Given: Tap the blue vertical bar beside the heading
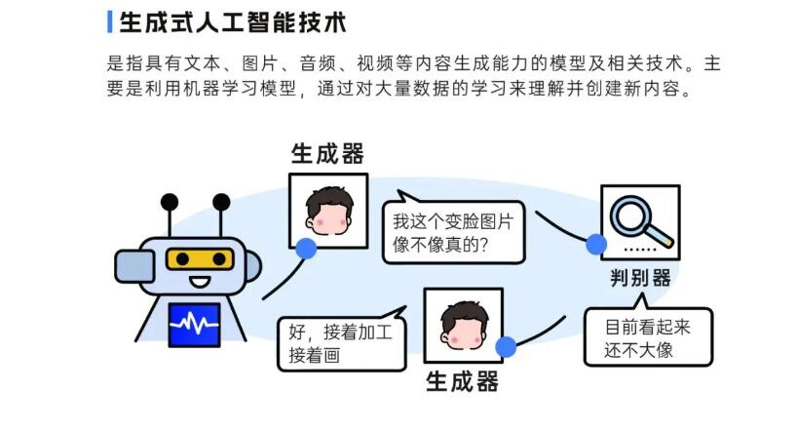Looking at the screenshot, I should (x=109, y=20).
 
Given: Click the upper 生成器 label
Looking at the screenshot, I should (x=327, y=154).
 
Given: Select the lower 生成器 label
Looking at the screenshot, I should (x=463, y=379).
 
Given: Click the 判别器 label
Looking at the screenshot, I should (x=635, y=278).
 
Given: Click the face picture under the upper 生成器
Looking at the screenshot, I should (x=328, y=211).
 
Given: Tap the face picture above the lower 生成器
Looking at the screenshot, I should (x=464, y=325).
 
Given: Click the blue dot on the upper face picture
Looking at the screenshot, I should (x=306, y=248).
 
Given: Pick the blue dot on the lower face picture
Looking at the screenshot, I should (x=505, y=346).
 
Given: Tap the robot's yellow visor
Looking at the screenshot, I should (x=200, y=257).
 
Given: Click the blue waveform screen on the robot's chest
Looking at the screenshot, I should (x=195, y=325).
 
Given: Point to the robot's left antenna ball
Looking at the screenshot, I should (x=171, y=203).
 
